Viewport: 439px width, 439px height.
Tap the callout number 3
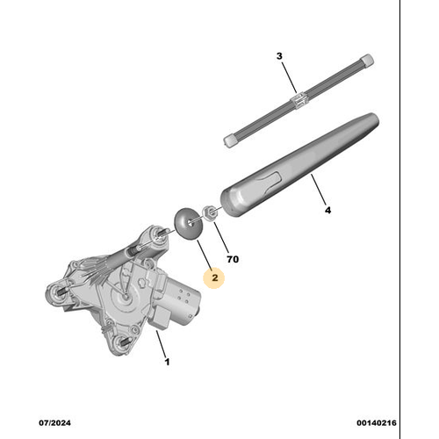(x=279, y=57)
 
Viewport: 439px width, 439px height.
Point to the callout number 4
(x=327, y=211)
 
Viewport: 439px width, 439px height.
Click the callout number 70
(x=233, y=261)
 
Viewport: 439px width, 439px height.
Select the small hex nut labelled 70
(x=211, y=212)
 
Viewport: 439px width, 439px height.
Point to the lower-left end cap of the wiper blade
(x=232, y=138)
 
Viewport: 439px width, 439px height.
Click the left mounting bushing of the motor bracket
(x=60, y=293)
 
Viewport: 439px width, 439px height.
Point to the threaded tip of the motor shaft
(x=162, y=234)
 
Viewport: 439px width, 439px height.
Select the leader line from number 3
(x=289, y=76)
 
